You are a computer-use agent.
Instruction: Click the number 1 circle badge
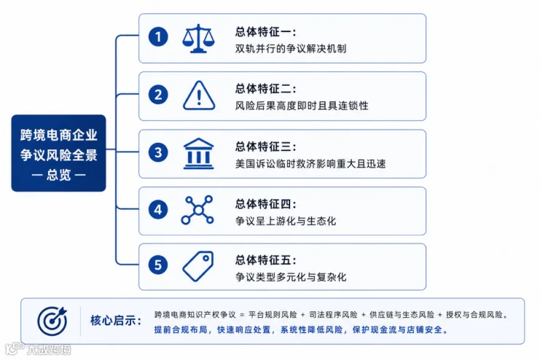[158, 37]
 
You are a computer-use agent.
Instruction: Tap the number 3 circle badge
[158, 152]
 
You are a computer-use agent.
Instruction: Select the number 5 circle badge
[158, 265]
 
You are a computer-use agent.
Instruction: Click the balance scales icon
[198, 38]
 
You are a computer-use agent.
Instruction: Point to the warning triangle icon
[199, 95]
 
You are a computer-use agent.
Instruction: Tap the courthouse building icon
[198, 154]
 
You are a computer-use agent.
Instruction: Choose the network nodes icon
[197, 210]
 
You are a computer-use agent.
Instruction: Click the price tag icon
[198, 266]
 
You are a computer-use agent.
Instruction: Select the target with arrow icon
[52, 321]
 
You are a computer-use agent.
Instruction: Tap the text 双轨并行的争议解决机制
[291, 49]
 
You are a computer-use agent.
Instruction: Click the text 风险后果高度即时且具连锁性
[302, 106]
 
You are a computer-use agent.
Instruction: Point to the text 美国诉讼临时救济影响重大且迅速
[310, 163]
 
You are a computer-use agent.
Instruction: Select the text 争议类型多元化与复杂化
[291, 277]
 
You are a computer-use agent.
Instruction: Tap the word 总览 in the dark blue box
[58, 175]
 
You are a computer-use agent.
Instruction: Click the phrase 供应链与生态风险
[402, 315]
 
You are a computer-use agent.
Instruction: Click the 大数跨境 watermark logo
[38, 349]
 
